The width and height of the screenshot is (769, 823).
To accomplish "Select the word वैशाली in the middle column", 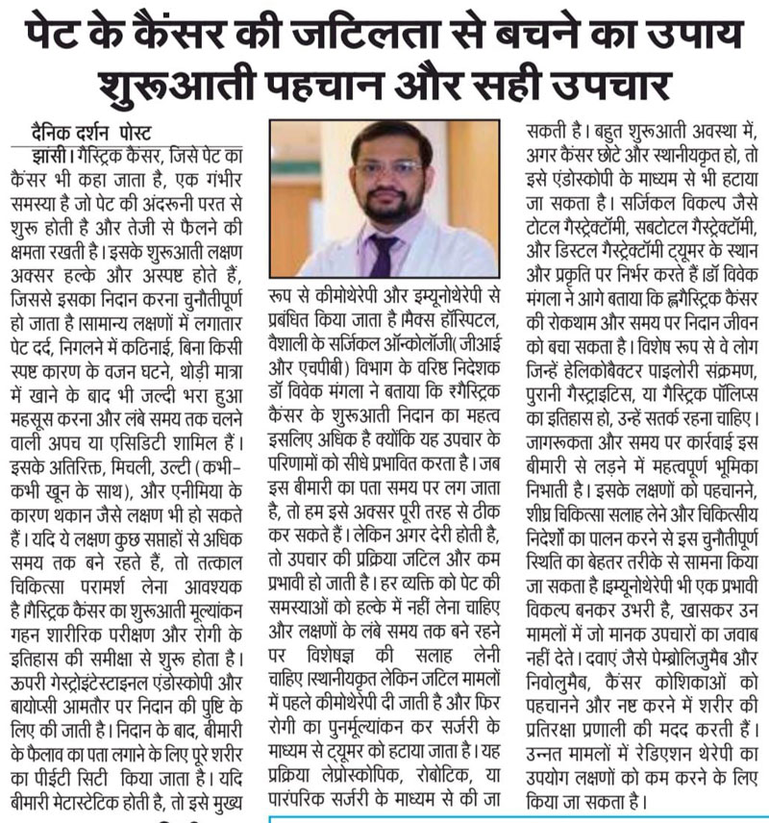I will pos(298,339).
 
